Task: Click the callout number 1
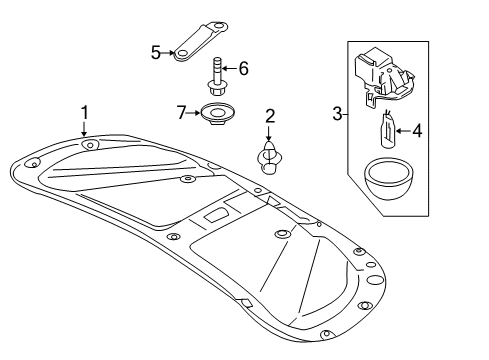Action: pyautogui.click(x=85, y=113)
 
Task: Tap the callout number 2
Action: pyautogui.click(x=270, y=116)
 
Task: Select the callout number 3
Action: pyautogui.click(x=337, y=114)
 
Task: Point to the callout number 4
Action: pyautogui.click(x=417, y=130)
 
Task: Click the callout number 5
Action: pyautogui.click(x=156, y=52)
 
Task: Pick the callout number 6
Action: pyautogui.click(x=244, y=69)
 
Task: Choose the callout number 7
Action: pyautogui.click(x=181, y=113)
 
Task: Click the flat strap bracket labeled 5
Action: pyautogui.click(x=201, y=42)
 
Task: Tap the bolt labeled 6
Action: pyautogui.click(x=214, y=76)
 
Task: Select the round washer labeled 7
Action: pyautogui.click(x=217, y=113)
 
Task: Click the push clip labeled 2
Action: pyautogui.click(x=269, y=158)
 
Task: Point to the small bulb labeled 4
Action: pyautogui.click(x=388, y=130)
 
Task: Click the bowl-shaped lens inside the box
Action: pyautogui.click(x=389, y=179)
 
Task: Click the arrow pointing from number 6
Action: pyautogui.click(x=230, y=69)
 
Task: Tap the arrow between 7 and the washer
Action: pyautogui.click(x=193, y=113)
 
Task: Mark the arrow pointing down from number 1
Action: pyautogui.click(x=84, y=129)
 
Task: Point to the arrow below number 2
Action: pyautogui.click(x=269, y=132)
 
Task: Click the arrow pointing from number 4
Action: pyautogui.click(x=403, y=131)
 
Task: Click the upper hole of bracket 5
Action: pyautogui.click(x=218, y=26)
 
